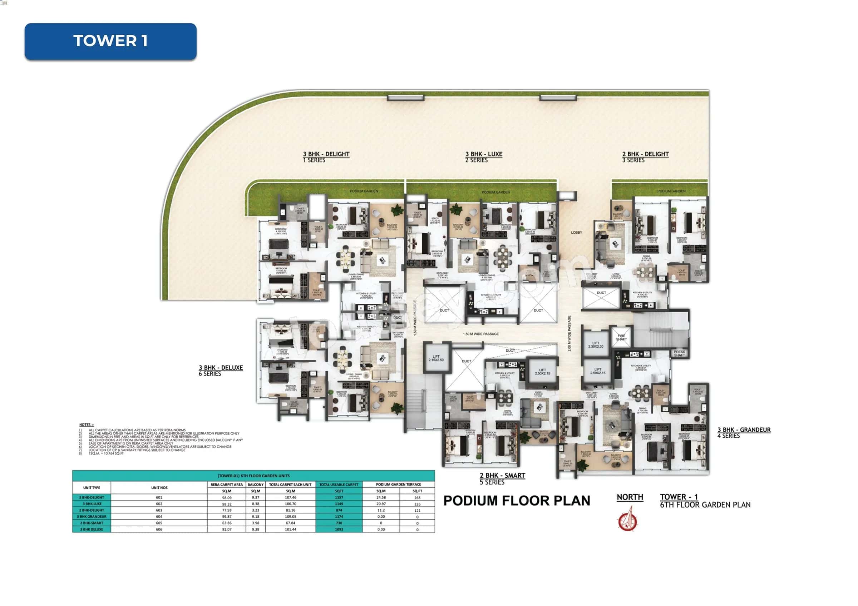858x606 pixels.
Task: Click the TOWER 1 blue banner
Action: [110, 41]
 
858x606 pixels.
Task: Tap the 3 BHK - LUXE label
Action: [484, 154]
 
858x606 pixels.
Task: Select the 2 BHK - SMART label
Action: [502, 476]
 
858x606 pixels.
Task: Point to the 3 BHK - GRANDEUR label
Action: [744, 430]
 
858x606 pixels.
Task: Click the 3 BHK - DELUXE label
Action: [221, 368]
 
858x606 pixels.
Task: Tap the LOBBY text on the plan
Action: [576, 233]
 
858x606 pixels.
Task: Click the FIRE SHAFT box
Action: [621, 338]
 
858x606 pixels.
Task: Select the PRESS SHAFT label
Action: [679, 354]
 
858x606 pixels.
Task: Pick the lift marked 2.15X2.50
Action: [436, 358]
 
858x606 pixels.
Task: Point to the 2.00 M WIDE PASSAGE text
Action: [569, 333]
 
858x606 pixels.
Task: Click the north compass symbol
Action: [628, 519]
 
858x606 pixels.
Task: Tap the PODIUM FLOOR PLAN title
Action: [517, 501]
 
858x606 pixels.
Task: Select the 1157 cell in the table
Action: [339, 497]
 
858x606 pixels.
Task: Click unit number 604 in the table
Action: [159, 516]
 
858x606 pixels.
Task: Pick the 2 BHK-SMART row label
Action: [92, 523]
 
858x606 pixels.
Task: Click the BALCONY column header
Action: [256, 484]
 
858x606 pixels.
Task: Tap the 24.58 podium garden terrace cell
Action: [381, 497]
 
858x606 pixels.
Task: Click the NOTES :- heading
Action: [87, 424]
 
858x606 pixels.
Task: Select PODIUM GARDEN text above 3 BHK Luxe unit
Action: [495, 192]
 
